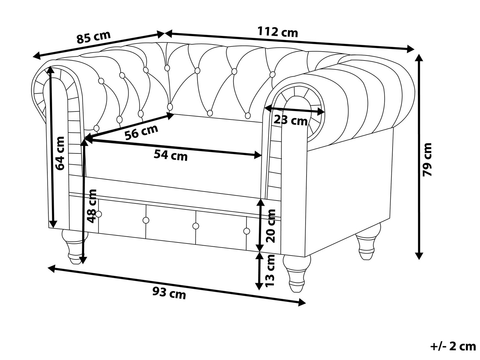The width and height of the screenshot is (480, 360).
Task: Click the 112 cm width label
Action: point(278,32)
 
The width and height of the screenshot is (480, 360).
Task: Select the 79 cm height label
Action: point(427,159)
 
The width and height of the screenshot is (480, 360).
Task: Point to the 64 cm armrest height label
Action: point(60,153)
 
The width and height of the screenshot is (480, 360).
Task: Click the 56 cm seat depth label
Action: point(141,132)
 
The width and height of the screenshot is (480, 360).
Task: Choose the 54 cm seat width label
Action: point(171,155)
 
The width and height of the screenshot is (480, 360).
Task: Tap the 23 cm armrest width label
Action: point(291,120)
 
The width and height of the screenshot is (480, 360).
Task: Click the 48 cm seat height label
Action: point(92,206)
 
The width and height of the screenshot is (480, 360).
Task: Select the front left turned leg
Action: point(75,246)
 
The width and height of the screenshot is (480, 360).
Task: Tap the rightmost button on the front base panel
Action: point(246,231)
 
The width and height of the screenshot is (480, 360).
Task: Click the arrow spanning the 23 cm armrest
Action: point(295,110)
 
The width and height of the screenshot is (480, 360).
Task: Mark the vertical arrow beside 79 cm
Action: point(419,157)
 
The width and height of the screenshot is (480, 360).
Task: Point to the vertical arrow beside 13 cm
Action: point(259,271)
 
